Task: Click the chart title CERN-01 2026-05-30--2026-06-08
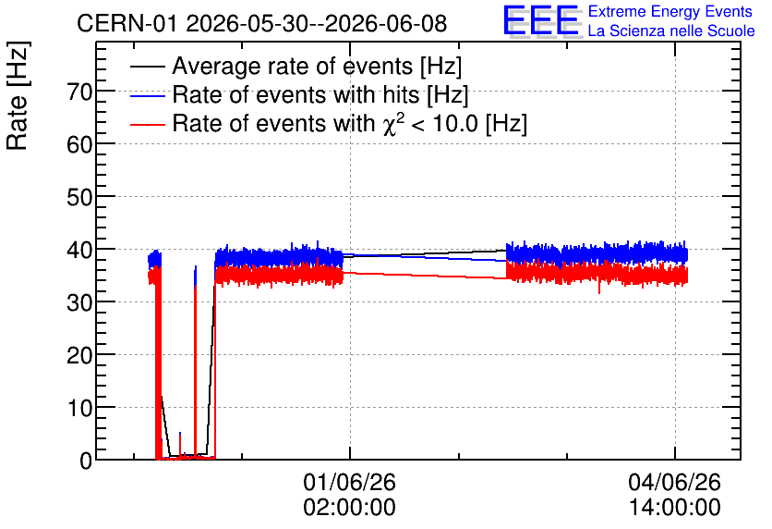261,23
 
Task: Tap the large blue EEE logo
540,20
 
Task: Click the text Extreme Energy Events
670,11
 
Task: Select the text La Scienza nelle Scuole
671,31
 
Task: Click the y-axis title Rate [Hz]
18,95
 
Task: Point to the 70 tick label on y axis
79,92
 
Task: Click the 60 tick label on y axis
79,144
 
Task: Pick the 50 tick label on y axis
79,197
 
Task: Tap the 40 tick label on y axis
79,250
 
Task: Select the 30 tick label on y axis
79,302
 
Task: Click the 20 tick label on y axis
79,355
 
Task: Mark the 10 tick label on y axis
79,408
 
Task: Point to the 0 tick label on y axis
86,461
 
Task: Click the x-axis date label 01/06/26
350,482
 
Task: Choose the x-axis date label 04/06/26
674,482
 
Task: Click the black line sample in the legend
147,67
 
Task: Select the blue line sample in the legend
147,95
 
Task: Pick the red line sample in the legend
147,125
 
